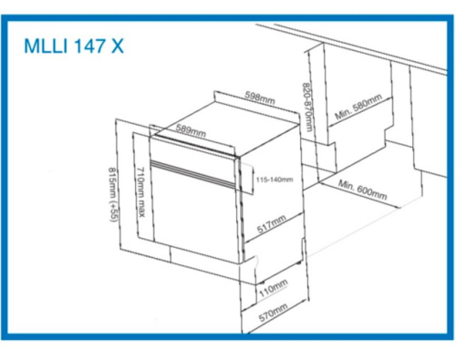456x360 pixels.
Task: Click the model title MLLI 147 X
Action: click(x=74, y=46)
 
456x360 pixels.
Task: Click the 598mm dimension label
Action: click(x=260, y=98)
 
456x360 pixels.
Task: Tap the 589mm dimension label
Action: click(x=191, y=130)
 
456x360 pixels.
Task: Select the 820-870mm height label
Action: click(x=307, y=108)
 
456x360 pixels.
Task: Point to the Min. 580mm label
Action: click(x=358, y=107)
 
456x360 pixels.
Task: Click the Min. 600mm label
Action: click(x=362, y=190)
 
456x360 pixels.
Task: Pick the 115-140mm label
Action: click(x=275, y=180)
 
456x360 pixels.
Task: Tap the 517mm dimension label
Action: click(x=272, y=224)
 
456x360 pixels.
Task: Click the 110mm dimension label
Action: click(x=274, y=288)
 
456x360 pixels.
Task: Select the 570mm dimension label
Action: click(x=273, y=313)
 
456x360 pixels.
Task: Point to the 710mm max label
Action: click(x=140, y=192)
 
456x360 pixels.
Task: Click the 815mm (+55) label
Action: click(x=112, y=195)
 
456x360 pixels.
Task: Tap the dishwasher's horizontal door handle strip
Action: click(x=193, y=174)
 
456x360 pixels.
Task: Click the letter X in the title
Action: click(x=118, y=46)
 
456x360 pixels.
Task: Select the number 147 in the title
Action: click(x=89, y=46)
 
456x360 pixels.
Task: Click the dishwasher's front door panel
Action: click(x=194, y=212)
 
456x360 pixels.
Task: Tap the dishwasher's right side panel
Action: click(x=271, y=194)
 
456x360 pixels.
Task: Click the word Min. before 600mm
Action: click(x=346, y=184)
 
